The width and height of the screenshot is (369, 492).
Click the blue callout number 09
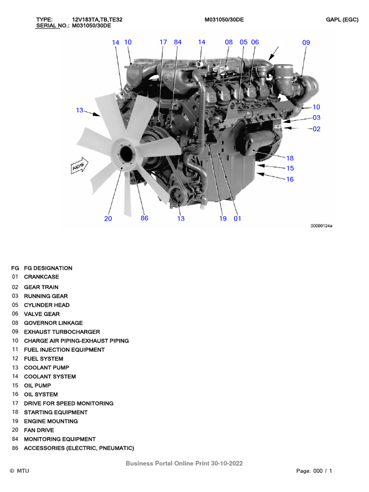point(306,42)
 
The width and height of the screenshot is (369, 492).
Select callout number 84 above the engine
point(178,42)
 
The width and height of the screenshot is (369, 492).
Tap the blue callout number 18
point(290,158)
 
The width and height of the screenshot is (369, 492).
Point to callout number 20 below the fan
point(108,219)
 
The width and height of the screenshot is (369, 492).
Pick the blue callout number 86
point(144,218)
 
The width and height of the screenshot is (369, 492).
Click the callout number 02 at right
point(316,129)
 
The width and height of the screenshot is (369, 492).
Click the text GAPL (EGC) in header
point(342,20)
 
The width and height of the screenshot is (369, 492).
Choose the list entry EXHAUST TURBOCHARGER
point(62,332)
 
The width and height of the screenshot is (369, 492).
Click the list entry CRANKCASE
point(42,277)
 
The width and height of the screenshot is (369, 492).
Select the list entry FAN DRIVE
point(39,430)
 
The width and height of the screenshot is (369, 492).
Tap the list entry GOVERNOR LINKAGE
point(53,323)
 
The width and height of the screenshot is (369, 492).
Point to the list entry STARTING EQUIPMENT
point(56,412)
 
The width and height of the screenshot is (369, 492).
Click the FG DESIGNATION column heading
point(48,268)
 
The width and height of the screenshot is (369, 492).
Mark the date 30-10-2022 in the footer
point(227,463)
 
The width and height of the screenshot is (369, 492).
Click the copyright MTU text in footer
point(19,471)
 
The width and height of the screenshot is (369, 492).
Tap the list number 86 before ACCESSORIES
point(14,448)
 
